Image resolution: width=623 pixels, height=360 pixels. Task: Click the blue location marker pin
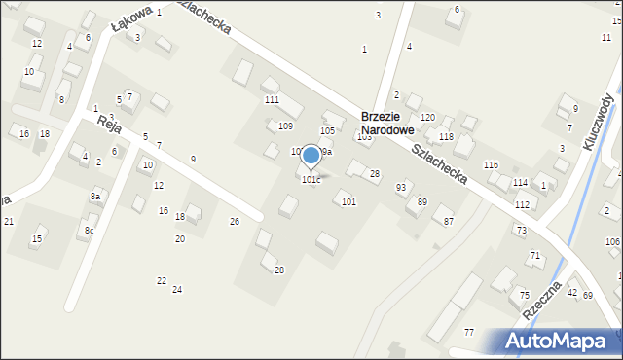[311, 156]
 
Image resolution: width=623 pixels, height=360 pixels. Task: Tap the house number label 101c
[311, 180]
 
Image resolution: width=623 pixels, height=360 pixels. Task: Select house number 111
[272, 100]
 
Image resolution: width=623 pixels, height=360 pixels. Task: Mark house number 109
[285, 126]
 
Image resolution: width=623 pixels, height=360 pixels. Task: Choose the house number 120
[427, 117]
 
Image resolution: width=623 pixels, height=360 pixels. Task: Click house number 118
[446, 137]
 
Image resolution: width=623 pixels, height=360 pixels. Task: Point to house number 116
[491, 164]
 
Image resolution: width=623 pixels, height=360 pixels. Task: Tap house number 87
[449, 222]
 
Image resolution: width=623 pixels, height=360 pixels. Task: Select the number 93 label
[401, 187]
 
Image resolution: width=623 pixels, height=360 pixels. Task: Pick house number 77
[469, 333]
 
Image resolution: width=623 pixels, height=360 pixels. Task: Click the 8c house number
[89, 230]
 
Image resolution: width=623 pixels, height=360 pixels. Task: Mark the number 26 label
[234, 222]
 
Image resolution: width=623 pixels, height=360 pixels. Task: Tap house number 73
[521, 230]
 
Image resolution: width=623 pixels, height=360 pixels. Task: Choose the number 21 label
[9, 222]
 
